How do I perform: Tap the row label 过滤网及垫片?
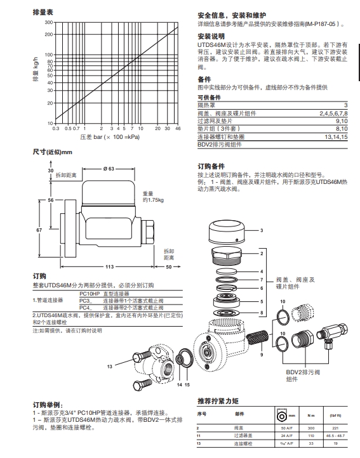213,120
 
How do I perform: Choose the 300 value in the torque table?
311,429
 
